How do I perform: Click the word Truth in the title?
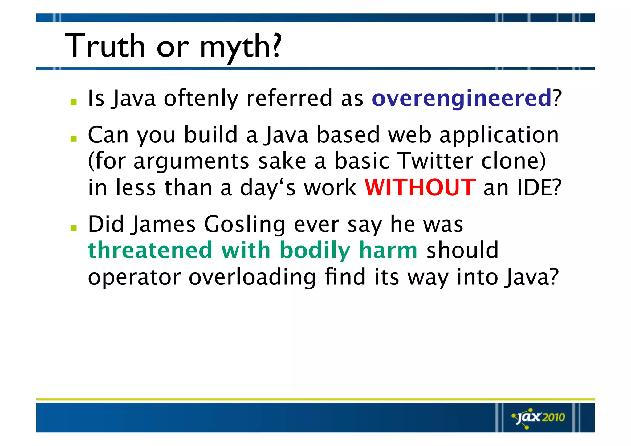pos(105,46)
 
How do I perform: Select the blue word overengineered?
pos(462,98)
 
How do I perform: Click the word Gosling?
pos(245,224)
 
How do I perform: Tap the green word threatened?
pos(150,250)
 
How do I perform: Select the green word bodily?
pos(315,251)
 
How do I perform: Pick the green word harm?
pos(388,250)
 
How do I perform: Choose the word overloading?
pos(252,277)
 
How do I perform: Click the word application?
pos(499,135)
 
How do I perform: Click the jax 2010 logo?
pos(539,418)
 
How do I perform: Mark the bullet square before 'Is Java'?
pos(73,102)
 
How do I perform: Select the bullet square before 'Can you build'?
pos(73,139)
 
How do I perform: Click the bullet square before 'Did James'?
pos(73,228)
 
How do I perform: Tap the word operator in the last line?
pos(134,277)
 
